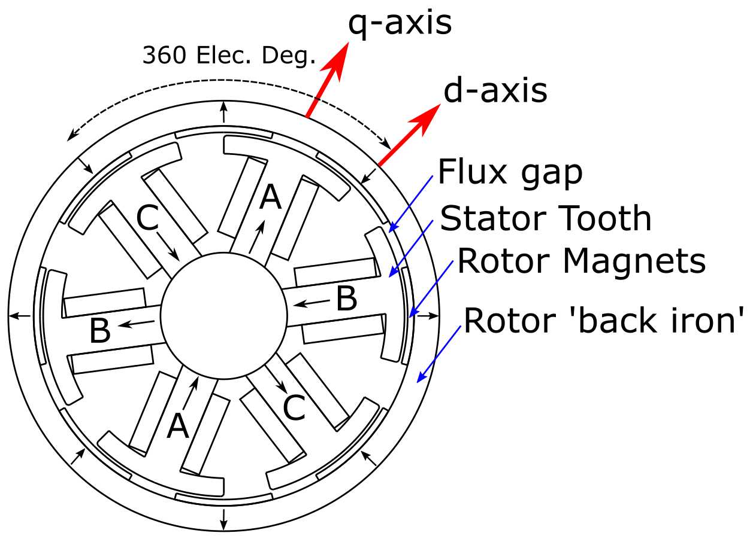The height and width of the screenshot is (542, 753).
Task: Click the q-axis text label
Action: [x=400, y=24]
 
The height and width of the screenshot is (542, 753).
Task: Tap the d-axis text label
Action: [x=495, y=91]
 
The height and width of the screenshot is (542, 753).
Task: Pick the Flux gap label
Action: [x=510, y=173]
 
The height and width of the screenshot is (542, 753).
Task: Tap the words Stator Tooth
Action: [x=546, y=218]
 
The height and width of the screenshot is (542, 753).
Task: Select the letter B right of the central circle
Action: [x=346, y=299]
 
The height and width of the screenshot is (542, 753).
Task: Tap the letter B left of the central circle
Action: [x=100, y=331]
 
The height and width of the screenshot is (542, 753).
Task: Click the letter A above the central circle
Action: [x=271, y=197]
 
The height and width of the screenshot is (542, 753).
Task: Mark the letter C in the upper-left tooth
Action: [x=148, y=220]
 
